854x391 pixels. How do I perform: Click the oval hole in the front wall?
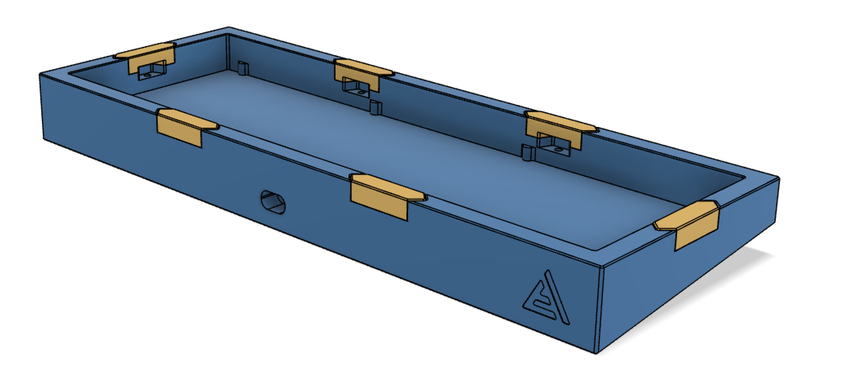click(273, 202)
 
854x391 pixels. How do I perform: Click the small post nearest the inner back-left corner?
click(243, 68)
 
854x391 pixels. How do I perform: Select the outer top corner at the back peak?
click(229, 28)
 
